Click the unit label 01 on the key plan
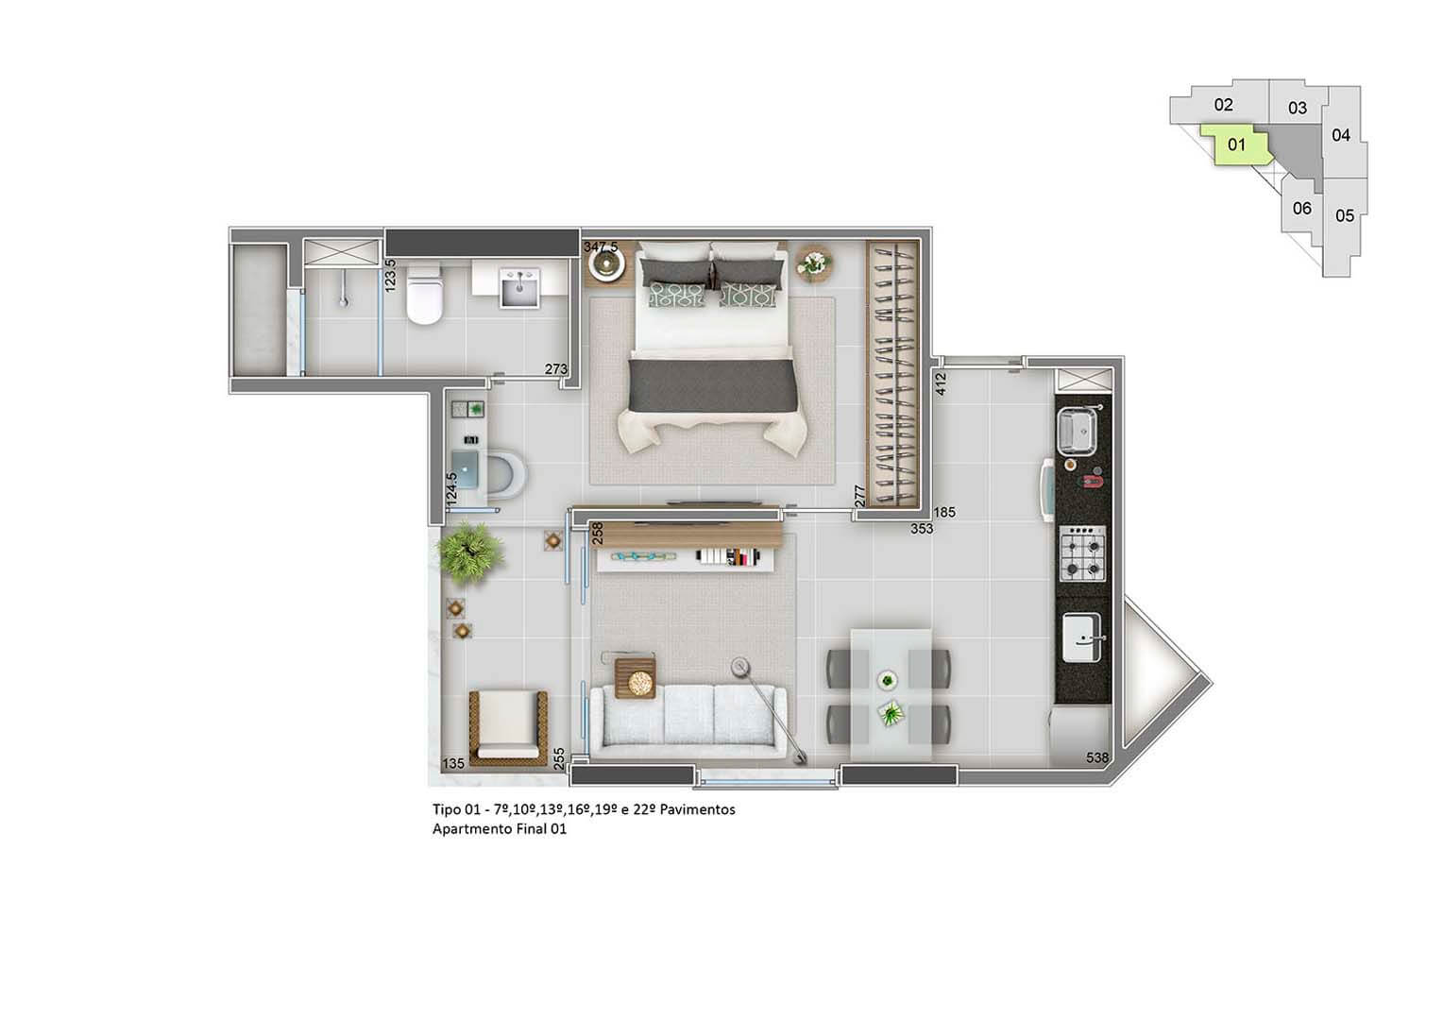(x=1236, y=144)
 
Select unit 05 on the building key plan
(x=1345, y=216)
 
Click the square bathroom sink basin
(x=519, y=288)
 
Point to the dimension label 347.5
(x=601, y=246)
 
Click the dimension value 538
(x=1097, y=757)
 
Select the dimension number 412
(x=941, y=384)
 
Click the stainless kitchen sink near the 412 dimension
(x=1078, y=430)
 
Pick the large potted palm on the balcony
(x=470, y=552)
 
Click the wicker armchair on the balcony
(x=508, y=728)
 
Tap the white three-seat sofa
(x=688, y=721)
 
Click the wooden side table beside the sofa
(x=635, y=678)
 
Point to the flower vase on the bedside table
(x=814, y=263)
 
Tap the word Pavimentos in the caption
(x=697, y=809)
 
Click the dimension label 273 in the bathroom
(x=556, y=369)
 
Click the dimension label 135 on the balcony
(x=453, y=763)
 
